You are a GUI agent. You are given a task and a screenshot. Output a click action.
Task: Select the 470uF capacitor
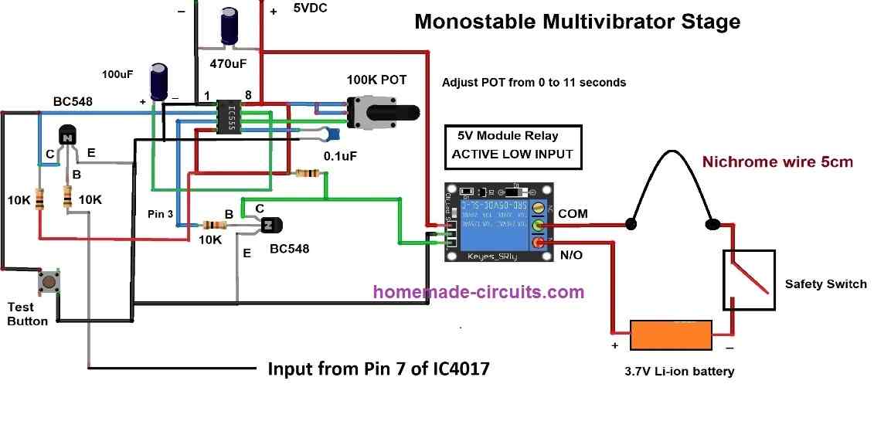tap(230, 26)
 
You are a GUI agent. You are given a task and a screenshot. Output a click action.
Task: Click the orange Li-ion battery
tap(672, 336)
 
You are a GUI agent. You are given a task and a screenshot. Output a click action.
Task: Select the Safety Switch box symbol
tap(748, 279)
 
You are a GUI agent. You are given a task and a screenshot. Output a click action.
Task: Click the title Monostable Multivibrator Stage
tap(577, 22)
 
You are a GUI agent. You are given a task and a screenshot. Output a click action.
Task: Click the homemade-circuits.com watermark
tap(478, 292)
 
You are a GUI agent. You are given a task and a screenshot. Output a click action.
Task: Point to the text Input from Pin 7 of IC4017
tap(378, 369)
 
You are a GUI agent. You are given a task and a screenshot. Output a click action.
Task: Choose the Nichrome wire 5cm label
tap(777, 162)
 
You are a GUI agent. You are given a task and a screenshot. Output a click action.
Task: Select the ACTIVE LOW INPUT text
tap(512, 154)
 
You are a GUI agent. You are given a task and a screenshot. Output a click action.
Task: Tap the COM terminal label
tap(573, 212)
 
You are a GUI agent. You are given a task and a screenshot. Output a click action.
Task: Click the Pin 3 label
tap(161, 212)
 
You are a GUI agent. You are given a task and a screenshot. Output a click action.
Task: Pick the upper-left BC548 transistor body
tap(67, 137)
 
